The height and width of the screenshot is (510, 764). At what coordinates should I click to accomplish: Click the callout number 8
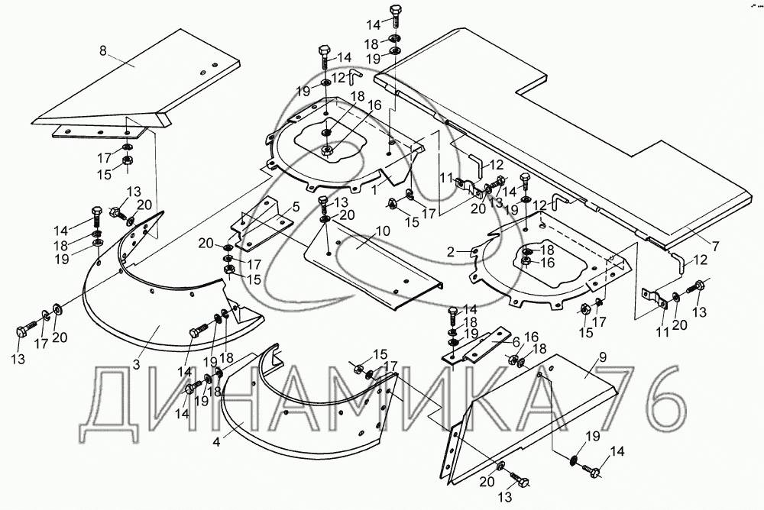click(x=103, y=52)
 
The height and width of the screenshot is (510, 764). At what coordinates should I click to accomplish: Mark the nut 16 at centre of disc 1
click(x=327, y=151)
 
